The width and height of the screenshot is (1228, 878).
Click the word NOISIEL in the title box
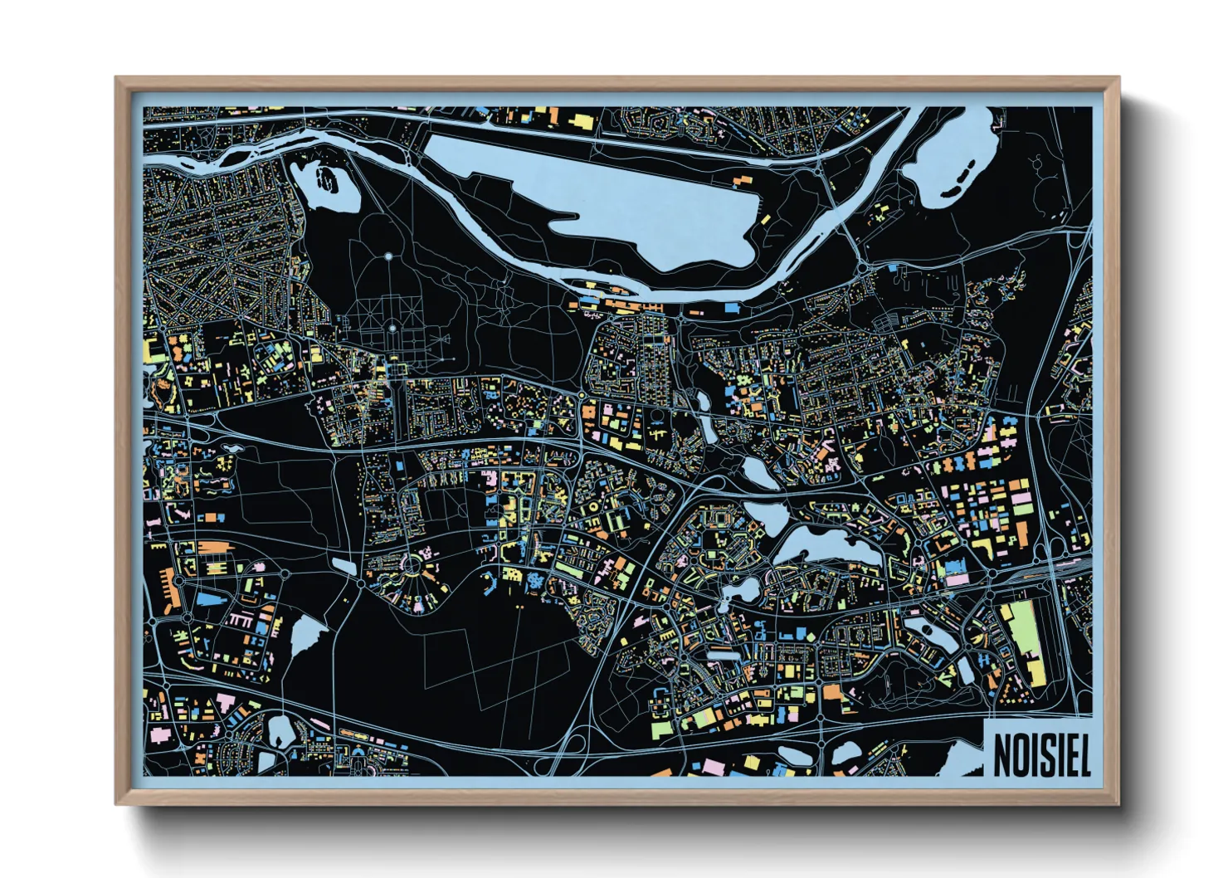click(1041, 754)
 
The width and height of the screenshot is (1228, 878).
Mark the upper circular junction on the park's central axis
click(388, 256)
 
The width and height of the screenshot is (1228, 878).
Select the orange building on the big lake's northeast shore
click(741, 178)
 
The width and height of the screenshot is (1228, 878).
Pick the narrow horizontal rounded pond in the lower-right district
click(725, 655)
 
